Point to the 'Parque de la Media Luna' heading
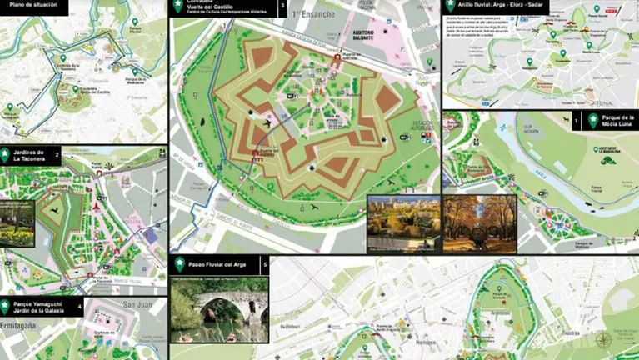pyautogui.click(x=618, y=122)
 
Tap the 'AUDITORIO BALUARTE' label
pyautogui.click(x=360, y=36)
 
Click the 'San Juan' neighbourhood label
pyautogui.click(x=138, y=306)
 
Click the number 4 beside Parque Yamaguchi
pyautogui.click(x=80, y=306)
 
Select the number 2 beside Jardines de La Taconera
pyautogui.click(x=57, y=154)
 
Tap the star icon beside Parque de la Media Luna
pyautogui.click(x=592, y=121)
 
